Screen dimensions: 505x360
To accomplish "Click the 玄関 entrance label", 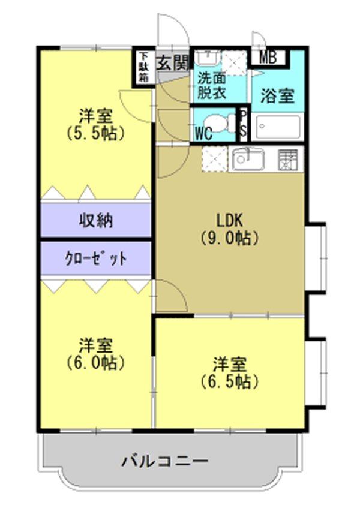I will [173, 62].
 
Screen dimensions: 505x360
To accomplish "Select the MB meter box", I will [268, 58].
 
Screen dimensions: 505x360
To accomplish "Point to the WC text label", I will [203, 133].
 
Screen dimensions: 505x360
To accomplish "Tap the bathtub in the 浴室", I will [277, 127].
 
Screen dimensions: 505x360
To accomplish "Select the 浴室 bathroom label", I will [278, 96].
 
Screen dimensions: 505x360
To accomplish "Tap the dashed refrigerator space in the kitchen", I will [214, 159].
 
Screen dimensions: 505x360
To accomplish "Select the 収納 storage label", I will [96, 220].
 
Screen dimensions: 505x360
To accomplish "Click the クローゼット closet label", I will [96, 258].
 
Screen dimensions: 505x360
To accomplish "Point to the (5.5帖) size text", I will [96, 133].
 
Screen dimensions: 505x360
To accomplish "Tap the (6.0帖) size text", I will [96, 362].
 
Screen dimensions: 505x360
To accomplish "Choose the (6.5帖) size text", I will [229, 380].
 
